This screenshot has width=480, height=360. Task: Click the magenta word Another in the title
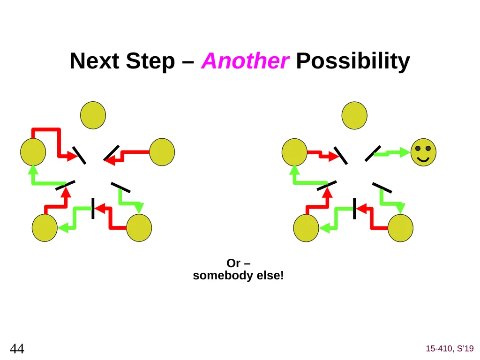245,61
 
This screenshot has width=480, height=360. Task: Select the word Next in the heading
95,61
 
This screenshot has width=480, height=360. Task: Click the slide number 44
17,348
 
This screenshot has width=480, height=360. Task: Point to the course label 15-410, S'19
450,348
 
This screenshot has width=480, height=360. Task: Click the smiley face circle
423,152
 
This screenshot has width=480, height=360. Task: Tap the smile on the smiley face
423,159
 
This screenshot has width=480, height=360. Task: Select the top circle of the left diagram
93,115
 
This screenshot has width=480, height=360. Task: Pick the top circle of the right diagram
354,115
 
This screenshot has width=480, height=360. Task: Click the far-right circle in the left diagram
162,152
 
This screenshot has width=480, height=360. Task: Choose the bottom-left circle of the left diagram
45,228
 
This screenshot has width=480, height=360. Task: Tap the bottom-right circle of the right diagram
400,228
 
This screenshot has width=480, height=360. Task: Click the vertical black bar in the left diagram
93,209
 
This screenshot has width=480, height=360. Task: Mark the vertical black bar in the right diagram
354,209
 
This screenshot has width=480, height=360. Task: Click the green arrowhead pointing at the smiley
405,152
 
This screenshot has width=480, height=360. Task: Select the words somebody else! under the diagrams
238,276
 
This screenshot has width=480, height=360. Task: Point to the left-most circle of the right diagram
294,152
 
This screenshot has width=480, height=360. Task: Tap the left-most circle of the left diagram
33,152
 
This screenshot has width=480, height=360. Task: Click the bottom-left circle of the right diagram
306,228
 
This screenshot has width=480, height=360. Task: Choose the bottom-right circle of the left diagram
139,228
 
